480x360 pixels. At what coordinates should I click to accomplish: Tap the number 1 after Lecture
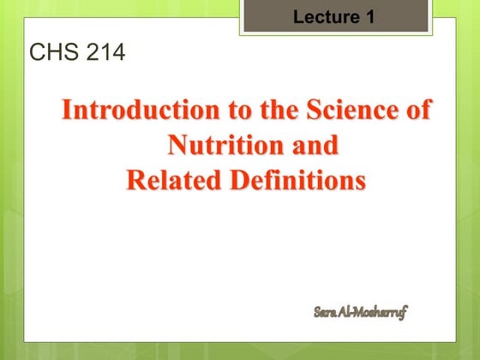click(369, 15)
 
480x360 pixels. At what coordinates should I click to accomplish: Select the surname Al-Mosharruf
click(374, 311)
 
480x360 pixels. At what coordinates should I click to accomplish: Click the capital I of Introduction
click(69, 111)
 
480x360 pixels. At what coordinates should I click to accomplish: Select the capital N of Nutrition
click(177, 146)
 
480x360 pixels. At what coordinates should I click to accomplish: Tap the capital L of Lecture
click(298, 15)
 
